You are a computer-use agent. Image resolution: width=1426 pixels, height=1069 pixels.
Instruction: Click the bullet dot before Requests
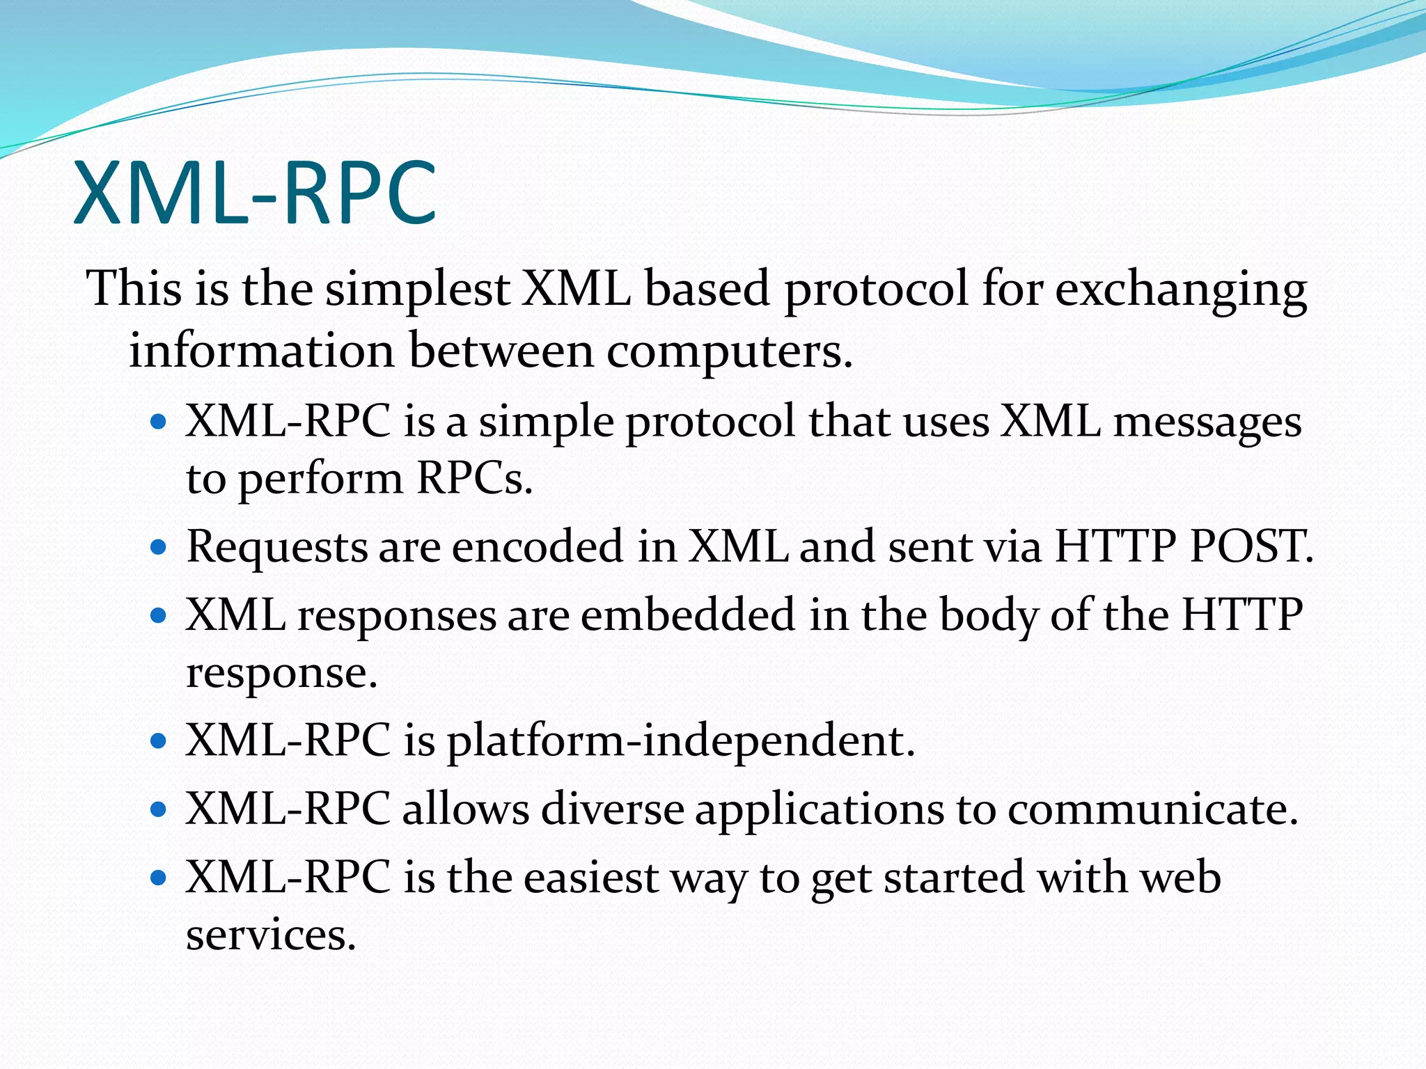tap(159, 547)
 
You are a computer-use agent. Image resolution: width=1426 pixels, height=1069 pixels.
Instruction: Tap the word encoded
tap(538, 546)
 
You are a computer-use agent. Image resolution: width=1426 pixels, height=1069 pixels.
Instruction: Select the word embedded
tap(688, 615)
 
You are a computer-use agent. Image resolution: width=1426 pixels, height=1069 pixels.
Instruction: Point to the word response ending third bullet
tap(281, 673)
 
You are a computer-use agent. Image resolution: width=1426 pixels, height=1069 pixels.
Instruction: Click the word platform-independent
tap(680, 741)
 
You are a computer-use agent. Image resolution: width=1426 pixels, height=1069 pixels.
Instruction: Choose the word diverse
tap(613, 809)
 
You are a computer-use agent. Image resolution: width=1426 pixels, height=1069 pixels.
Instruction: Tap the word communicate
tap(1152, 809)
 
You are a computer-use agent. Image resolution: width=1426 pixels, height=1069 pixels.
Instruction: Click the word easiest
tap(590, 878)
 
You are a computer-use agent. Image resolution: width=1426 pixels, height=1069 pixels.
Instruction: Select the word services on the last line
tap(270, 935)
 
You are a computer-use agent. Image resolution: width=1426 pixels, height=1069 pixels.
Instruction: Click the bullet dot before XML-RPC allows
tap(159, 809)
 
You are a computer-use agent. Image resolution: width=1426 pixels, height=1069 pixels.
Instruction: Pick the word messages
tap(1207, 423)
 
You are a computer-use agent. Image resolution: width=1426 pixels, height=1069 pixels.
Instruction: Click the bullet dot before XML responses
tap(159, 615)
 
